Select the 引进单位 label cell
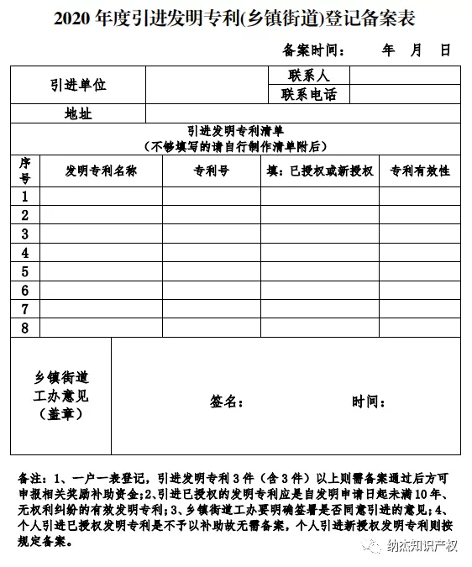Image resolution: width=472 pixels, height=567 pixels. (x=78, y=85)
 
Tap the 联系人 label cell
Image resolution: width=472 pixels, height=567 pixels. (x=308, y=76)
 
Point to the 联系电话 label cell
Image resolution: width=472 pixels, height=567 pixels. (x=308, y=94)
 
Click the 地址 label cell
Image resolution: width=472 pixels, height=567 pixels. (x=78, y=113)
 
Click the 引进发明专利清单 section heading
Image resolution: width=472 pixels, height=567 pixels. (x=235, y=131)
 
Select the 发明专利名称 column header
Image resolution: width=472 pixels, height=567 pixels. (x=101, y=171)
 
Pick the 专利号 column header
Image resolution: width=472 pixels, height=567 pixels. (x=211, y=171)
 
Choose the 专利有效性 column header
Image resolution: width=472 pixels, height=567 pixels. (x=420, y=171)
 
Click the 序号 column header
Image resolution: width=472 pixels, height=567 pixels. (x=25, y=171)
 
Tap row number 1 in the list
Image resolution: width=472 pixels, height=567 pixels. (x=25, y=197)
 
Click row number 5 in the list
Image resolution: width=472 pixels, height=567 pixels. (x=25, y=271)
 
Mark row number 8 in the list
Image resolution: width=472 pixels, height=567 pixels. (x=25, y=328)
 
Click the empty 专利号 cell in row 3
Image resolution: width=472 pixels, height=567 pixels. (x=211, y=234)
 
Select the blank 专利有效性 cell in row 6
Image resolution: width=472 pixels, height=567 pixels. (x=420, y=290)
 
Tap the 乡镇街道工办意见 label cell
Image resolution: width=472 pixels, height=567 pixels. (x=61, y=395)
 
